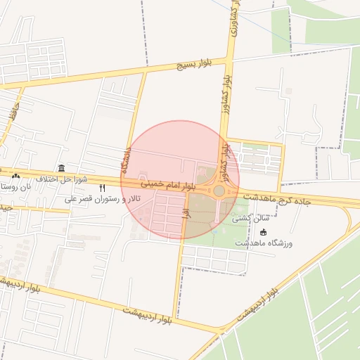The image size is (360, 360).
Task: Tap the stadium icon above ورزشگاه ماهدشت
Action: coord(263,232)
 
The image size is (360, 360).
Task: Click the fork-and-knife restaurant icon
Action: coord(103,188)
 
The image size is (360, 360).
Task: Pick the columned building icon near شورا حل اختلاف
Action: coord(62,169)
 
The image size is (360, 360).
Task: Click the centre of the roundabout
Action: coord(219,191)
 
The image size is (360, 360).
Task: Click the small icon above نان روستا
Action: coord(15,175)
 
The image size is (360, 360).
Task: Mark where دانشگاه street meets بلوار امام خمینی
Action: coord(124,178)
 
